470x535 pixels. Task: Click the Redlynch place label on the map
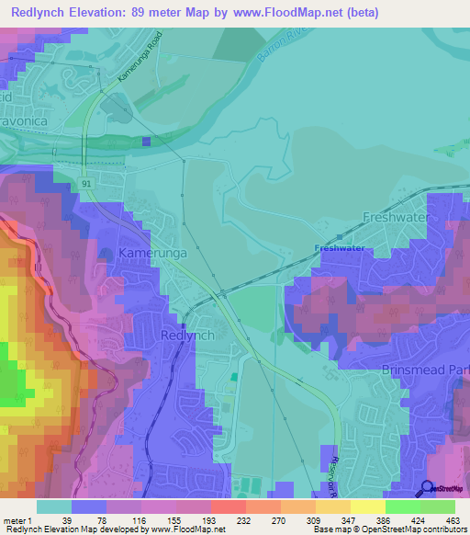[x=187, y=336]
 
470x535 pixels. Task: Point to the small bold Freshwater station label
[x=339, y=248]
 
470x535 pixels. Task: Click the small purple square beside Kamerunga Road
[x=147, y=141]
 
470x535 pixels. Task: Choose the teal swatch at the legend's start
[x=53, y=506]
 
